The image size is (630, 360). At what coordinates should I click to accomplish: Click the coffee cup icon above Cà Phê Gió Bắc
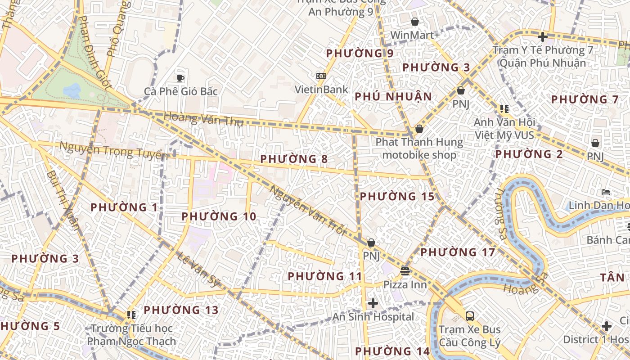pyautogui.click(x=180, y=78)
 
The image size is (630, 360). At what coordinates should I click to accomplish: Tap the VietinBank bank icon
pyautogui.click(x=321, y=76)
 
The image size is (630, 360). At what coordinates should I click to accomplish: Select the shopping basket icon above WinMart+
pyautogui.click(x=415, y=22)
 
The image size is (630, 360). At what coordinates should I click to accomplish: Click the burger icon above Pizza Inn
pyautogui.click(x=405, y=271)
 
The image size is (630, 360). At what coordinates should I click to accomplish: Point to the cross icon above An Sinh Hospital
pyautogui.click(x=373, y=303)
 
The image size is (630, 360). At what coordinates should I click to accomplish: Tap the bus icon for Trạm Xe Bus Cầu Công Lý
pyautogui.click(x=470, y=316)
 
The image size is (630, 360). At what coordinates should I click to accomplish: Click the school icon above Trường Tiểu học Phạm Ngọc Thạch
pyautogui.click(x=131, y=315)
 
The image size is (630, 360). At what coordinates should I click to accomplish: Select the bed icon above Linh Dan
pyautogui.click(x=606, y=192)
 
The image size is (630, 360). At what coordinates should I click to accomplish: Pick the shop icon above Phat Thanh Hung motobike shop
pyautogui.click(x=419, y=129)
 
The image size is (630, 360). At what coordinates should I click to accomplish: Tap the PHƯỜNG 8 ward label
pyautogui.click(x=294, y=159)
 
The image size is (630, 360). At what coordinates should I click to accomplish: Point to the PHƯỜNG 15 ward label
pyautogui.click(x=397, y=197)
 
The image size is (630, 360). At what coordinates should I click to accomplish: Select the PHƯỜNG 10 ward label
pyautogui.click(x=219, y=216)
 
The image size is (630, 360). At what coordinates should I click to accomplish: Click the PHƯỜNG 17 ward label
pyautogui.click(x=458, y=252)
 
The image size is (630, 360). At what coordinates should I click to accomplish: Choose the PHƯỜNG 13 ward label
pyautogui.click(x=181, y=310)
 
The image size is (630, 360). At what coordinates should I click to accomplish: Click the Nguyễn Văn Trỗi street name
pyautogui.click(x=307, y=210)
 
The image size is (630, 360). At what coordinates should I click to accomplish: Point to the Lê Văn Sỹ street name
pyautogui.click(x=198, y=269)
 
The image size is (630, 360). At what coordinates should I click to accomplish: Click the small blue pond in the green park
pyautogui.click(x=72, y=90)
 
